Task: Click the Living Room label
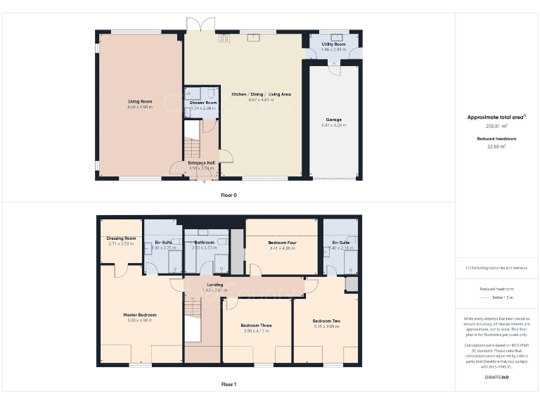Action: coord(139,101)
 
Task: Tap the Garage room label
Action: coord(333,120)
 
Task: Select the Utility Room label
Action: coord(334,44)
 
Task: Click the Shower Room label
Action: coord(203,103)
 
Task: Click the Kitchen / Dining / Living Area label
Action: coord(261,94)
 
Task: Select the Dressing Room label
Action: coord(121,238)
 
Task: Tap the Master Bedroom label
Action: coord(140,314)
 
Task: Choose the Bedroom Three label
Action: coord(256,326)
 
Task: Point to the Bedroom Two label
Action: coord(326,321)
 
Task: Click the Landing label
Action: coord(215,285)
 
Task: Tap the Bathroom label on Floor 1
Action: coord(205,243)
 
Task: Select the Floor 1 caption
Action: coord(229,385)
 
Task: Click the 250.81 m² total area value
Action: coord(497,127)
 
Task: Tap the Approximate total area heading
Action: coord(496,117)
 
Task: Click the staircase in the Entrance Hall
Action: coord(191,149)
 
